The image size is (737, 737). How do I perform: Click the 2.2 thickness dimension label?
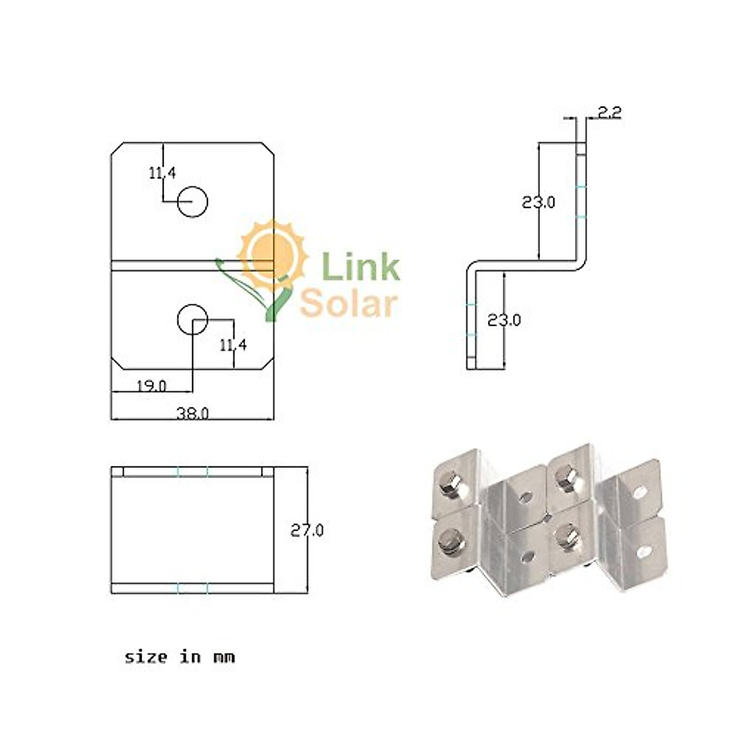tap(609, 112)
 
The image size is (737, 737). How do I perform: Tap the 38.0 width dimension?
tap(193, 413)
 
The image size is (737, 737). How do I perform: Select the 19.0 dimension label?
tap(151, 386)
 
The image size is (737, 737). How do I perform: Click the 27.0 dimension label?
tap(307, 531)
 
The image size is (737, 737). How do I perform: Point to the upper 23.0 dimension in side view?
tap(539, 202)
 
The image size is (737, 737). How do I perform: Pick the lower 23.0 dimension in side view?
tap(504, 320)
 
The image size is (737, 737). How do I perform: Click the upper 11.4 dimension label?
tap(162, 173)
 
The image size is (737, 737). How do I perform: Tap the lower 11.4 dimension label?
tap(233, 346)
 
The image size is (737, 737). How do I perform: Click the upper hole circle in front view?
tap(193, 201)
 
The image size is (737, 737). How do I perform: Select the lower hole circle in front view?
tap(193, 318)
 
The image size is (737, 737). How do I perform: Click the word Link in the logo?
tap(361, 268)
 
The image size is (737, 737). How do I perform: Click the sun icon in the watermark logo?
tap(273, 253)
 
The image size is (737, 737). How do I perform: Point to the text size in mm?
tap(179, 657)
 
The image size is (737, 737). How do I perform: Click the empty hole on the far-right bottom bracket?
tap(644, 551)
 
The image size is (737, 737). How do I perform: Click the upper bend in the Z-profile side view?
tap(580, 262)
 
